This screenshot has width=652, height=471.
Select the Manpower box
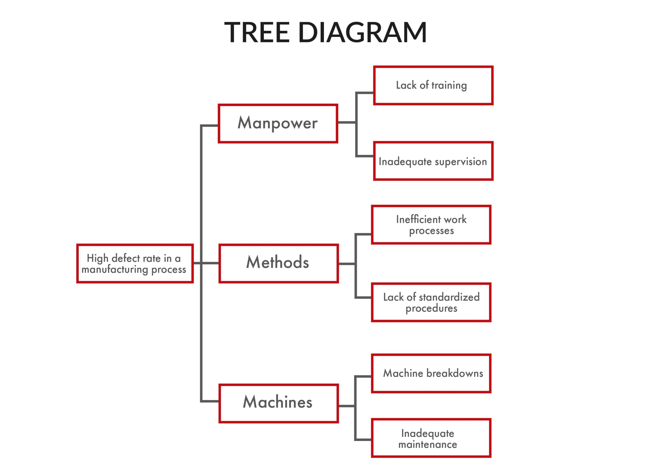pyautogui.click(x=278, y=123)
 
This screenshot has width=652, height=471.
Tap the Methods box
pyautogui.click(x=278, y=263)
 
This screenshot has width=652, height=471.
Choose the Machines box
pyautogui.click(x=278, y=403)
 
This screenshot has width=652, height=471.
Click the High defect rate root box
pyautogui.click(x=134, y=264)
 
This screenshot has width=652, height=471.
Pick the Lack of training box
pyautogui.click(x=433, y=85)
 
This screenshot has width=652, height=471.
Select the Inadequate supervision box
pyautogui.click(x=433, y=161)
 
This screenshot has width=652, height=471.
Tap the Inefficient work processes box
pyautogui.click(x=431, y=225)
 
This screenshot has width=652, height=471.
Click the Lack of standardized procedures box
pyautogui.click(x=431, y=302)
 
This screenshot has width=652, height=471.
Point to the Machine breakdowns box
pyautogui.click(x=431, y=373)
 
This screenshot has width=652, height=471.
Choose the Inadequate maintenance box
pyautogui.click(x=431, y=438)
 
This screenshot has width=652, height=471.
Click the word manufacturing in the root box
pyautogui.click(x=115, y=270)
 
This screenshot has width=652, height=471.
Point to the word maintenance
pyautogui.click(x=427, y=445)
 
